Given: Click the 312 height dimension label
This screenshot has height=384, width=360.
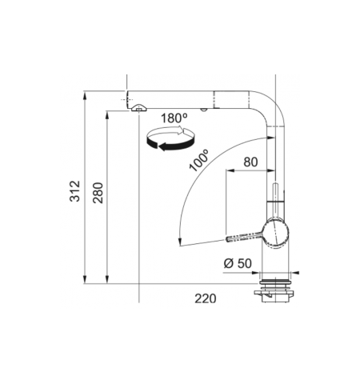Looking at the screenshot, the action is click(x=74, y=191).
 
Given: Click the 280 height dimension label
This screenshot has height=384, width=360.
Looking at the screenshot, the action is click(x=98, y=193).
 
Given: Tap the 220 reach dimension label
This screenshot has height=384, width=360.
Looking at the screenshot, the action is click(x=206, y=298).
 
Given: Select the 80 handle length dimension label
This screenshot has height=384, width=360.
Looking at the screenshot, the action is click(x=250, y=162).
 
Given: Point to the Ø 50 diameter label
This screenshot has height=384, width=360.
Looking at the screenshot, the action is click(x=238, y=263).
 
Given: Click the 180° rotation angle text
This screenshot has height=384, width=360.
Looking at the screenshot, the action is click(x=174, y=118).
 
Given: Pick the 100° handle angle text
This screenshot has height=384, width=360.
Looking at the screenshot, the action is click(x=199, y=160).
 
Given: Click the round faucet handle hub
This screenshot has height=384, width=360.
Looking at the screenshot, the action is click(x=275, y=232).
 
